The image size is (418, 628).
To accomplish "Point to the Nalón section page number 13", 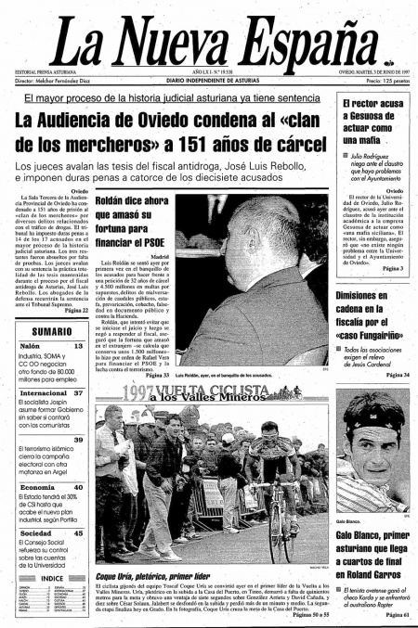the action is (x=80, y=344).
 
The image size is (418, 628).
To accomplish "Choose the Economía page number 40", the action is (x=80, y=487).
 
